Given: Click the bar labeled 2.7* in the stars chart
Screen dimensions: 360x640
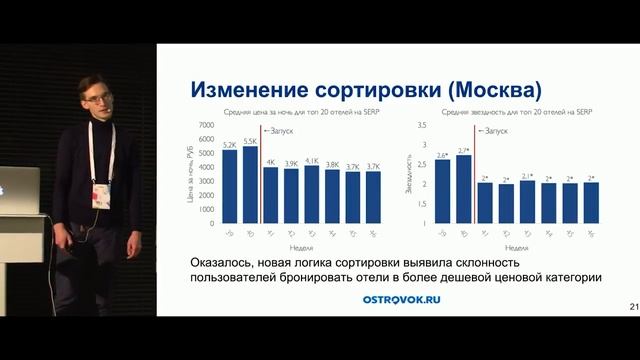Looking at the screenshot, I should tap(463, 189).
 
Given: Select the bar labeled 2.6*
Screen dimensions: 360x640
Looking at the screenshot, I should tap(442, 191).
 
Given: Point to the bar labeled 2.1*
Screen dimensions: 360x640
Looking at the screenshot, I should tap(527, 202).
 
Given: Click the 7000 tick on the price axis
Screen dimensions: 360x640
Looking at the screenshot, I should tap(206, 124).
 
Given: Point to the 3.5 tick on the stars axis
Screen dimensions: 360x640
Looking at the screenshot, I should tap(421, 125).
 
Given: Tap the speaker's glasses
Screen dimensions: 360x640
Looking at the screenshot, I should tap(96, 99).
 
